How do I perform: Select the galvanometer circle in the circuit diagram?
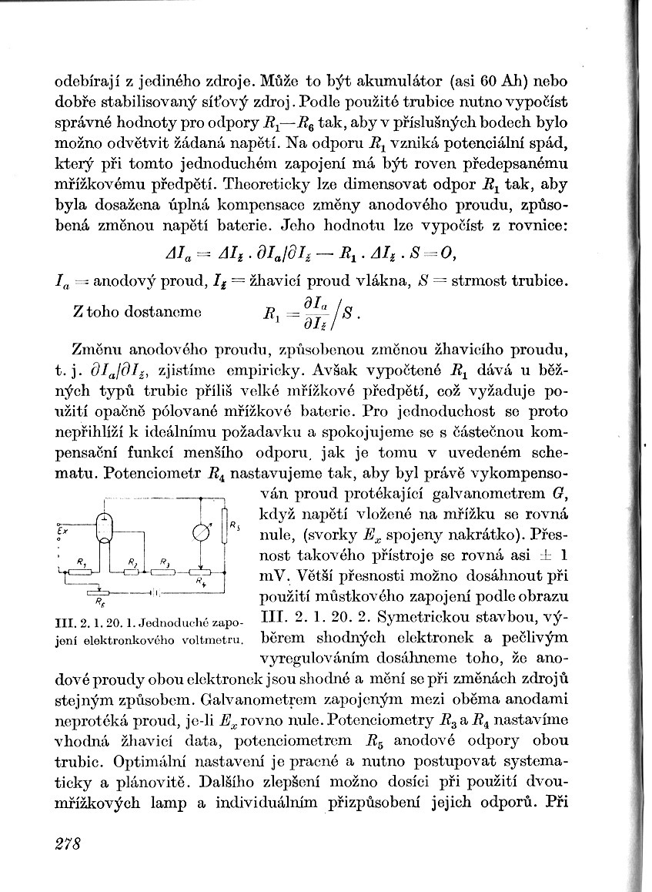point(199,532)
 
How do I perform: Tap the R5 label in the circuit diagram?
point(234,525)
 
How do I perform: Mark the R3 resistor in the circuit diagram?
point(164,571)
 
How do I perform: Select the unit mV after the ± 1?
point(275,575)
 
